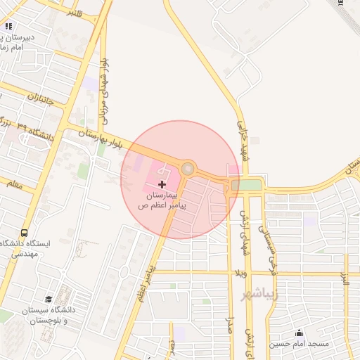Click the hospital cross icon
click(x=162, y=183)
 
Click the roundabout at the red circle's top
click(x=188, y=168)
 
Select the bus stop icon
click(x=25, y=233)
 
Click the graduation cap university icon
click(x=49, y=300)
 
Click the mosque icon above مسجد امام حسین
click(x=300, y=333)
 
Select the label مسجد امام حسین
click(x=301, y=344)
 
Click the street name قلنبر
click(x=72, y=13)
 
